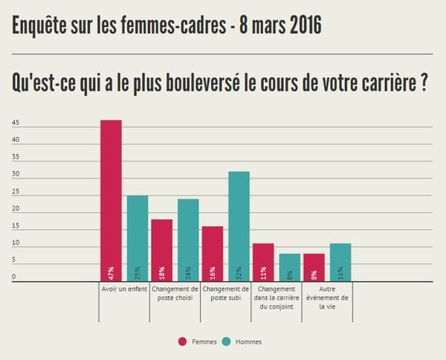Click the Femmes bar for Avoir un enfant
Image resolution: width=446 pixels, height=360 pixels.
point(111,201)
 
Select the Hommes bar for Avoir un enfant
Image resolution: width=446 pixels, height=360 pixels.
point(138,238)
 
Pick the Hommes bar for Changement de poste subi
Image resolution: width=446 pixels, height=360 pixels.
point(239,226)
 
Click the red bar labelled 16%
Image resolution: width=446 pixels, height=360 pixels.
point(213,254)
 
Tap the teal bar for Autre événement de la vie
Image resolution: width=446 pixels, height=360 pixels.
point(340,263)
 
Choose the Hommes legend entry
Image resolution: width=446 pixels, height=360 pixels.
point(246,341)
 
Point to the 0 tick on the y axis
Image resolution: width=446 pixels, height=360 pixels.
point(13,278)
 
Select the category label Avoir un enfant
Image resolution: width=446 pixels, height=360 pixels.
point(123,289)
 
